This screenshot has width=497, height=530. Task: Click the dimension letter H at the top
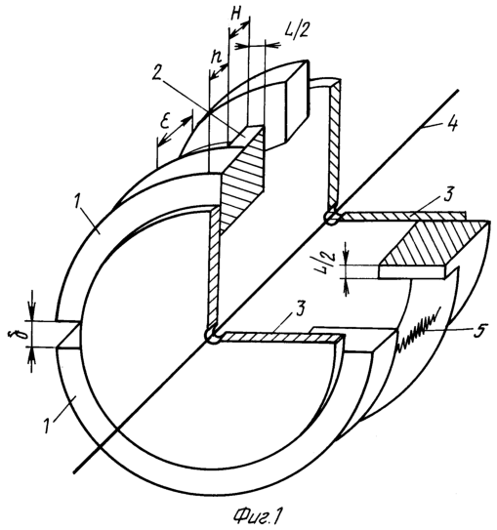click(237, 15)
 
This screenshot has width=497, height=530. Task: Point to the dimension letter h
click(216, 58)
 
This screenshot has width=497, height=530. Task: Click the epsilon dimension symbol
click(165, 122)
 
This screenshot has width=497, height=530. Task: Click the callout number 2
click(156, 72)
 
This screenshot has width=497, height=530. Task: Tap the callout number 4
click(452, 124)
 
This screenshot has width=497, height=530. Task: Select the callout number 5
click(479, 330)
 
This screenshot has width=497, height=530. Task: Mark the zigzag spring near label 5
click(419, 330)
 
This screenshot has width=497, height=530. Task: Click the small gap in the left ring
click(68, 334)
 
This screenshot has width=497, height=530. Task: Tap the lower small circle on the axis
click(213, 336)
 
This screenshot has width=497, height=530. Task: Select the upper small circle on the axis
click(333, 218)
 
